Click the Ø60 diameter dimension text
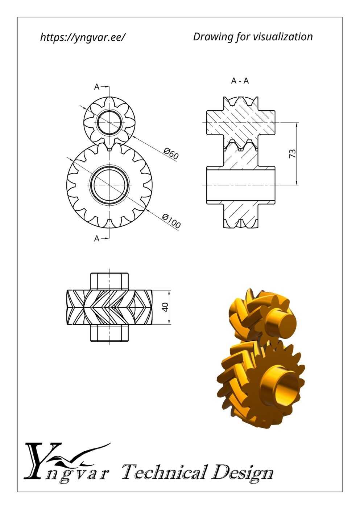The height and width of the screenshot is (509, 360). click(171, 153)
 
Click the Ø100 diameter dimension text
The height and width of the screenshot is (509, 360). click(171, 221)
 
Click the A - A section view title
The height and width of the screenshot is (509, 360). click(240, 81)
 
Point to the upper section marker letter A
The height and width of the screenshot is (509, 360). click(97, 87)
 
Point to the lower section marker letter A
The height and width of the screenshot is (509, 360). click(97, 239)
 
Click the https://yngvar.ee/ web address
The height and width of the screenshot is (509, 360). click(83, 37)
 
